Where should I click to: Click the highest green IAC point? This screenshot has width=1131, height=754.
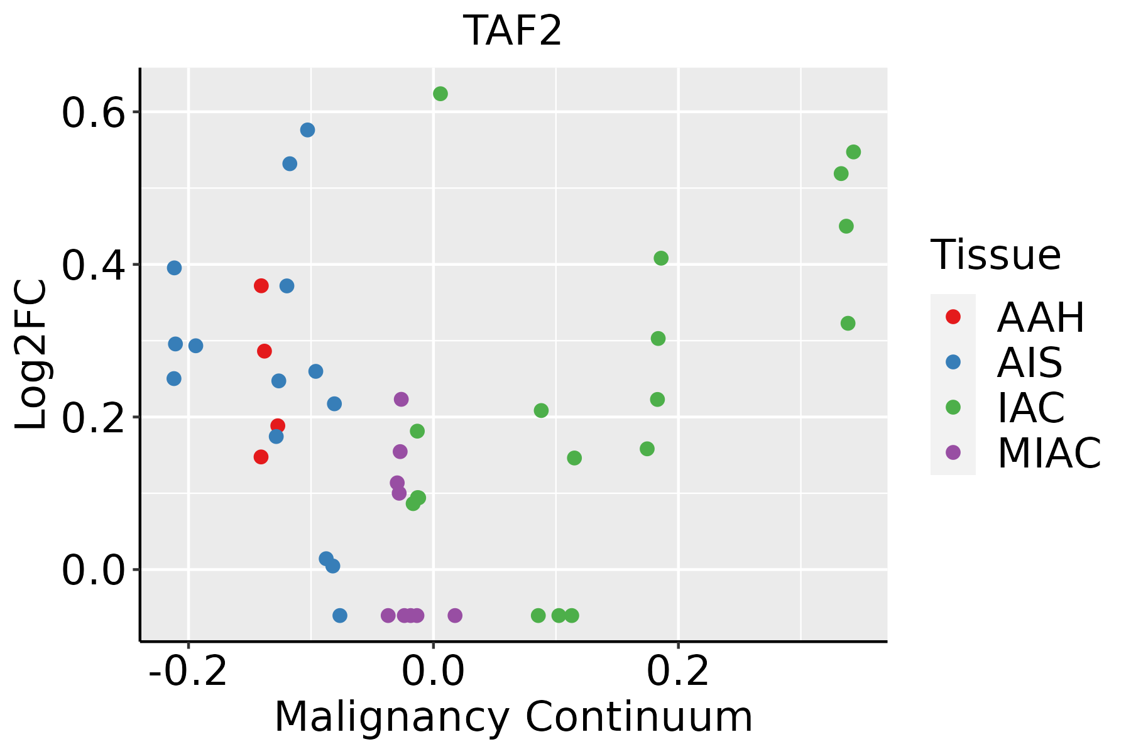[x=440, y=94]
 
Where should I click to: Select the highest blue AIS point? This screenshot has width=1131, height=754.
[x=307, y=130]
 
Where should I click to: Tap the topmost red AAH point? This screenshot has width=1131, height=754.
[x=261, y=286]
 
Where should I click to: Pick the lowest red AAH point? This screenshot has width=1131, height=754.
[x=261, y=457]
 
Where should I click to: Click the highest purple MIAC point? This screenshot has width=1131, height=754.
[x=401, y=399]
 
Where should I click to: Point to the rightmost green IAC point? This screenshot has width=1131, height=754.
[x=853, y=152]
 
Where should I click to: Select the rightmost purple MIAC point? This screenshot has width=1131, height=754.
[x=455, y=615]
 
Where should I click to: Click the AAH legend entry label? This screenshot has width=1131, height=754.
[x=1041, y=317]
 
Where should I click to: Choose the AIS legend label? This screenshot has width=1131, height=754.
[x=1029, y=363]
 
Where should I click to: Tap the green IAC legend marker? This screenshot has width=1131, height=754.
[x=953, y=407]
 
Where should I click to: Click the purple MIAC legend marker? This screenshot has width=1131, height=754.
[x=953, y=452]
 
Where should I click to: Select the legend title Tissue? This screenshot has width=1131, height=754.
[x=995, y=255]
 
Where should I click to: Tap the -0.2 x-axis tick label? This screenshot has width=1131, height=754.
[x=188, y=672]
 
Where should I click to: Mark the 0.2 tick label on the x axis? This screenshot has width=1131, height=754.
[x=678, y=672]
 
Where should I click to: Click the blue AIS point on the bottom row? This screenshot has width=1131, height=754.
[x=339, y=615]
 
